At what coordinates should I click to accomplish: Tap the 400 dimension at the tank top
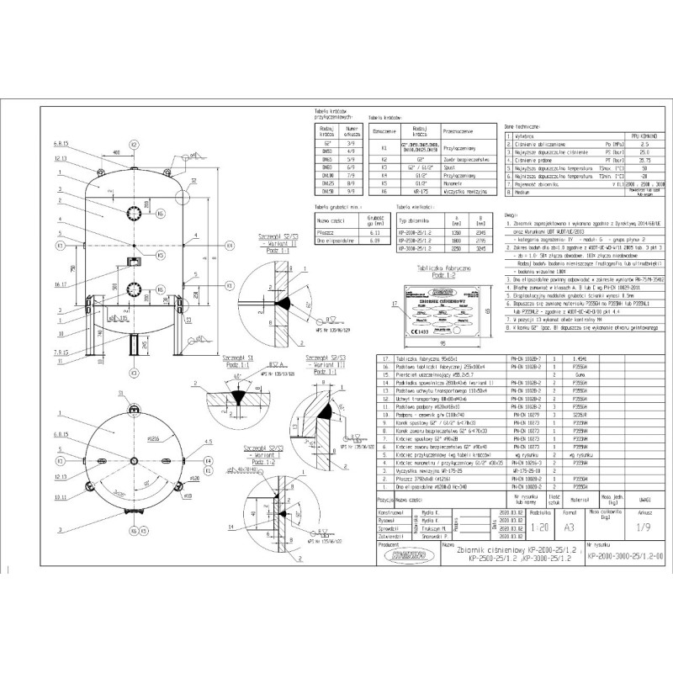[x=115, y=152]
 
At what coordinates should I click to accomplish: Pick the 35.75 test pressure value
[x=647, y=158]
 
